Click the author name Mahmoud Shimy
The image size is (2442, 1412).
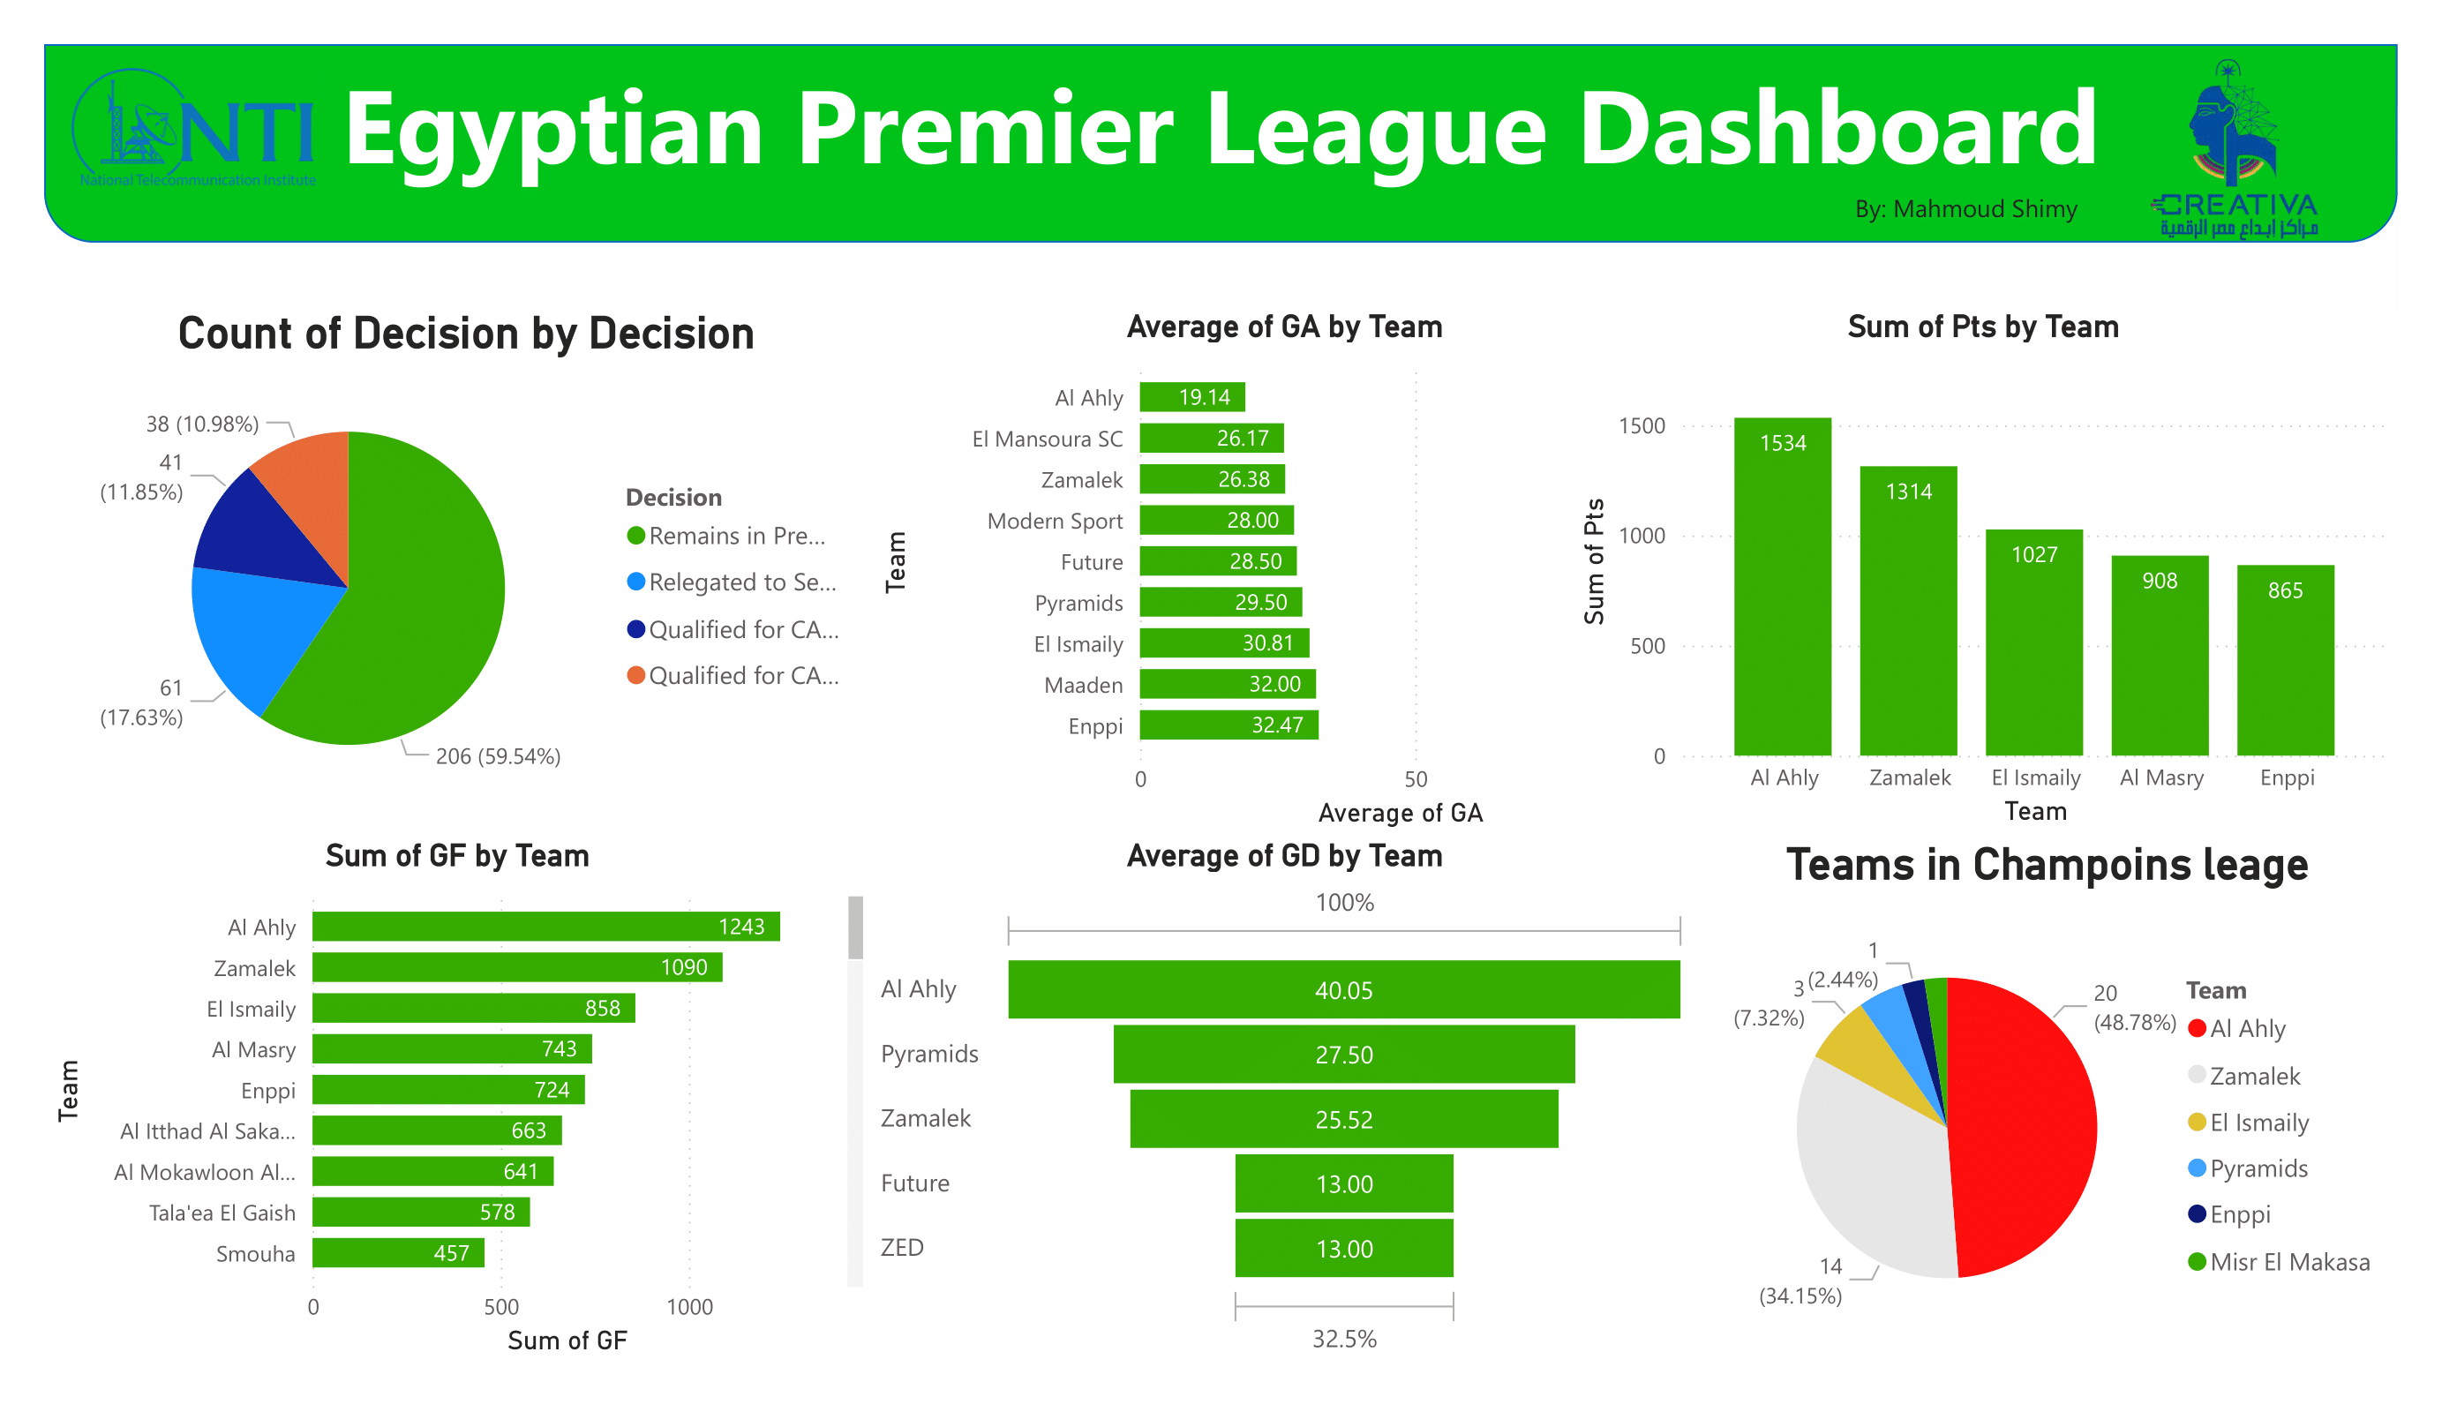[1965, 209]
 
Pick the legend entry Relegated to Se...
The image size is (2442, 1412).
[741, 582]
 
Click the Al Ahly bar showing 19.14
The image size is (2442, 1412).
[1192, 397]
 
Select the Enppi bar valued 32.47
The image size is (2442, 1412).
[1228, 725]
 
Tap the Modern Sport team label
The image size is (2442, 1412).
[1055, 522]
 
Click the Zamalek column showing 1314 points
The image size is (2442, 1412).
[1908, 611]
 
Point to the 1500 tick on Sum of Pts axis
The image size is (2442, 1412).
[1642, 425]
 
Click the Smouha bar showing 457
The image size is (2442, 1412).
[397, 1253]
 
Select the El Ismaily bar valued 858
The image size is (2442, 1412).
[473, 1008]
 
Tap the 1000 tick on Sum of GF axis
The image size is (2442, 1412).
[689, 1306]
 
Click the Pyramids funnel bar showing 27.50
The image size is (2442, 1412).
[1343, 1055]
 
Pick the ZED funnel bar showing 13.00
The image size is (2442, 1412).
[1343, 1248]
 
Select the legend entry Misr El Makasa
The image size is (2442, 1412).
[2289, 1262]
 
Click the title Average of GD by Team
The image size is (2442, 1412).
[1284, 856]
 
